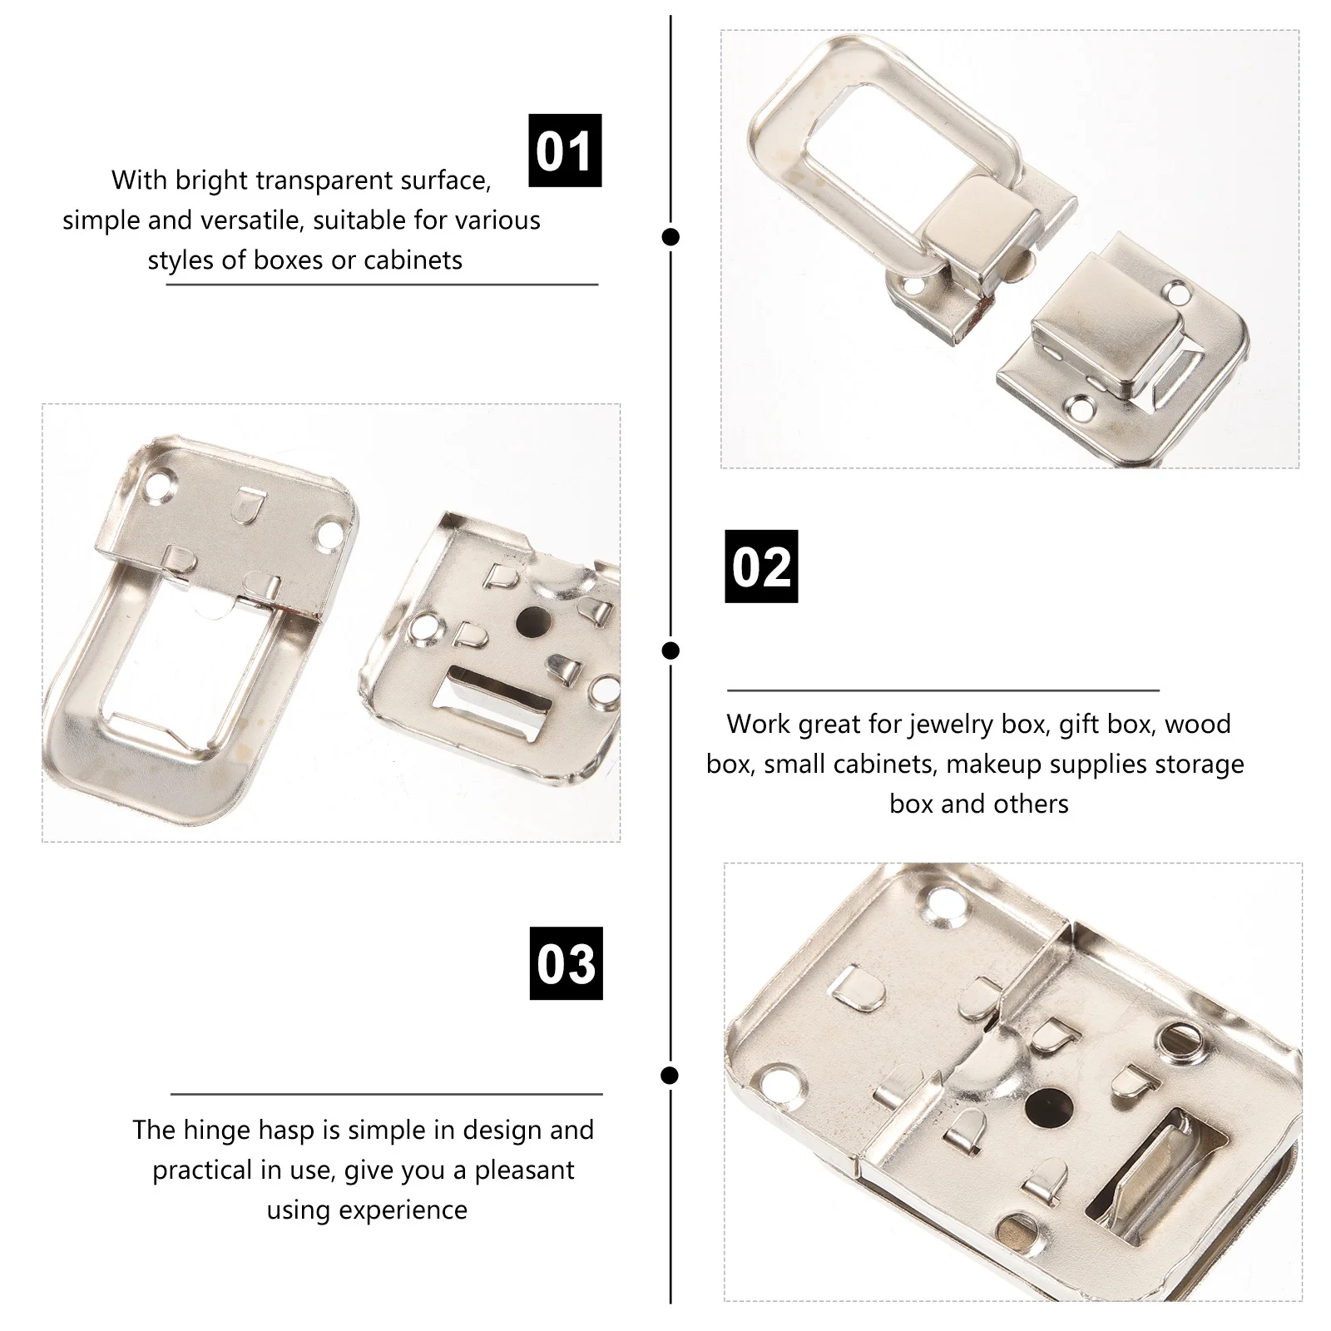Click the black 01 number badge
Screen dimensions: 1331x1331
565,151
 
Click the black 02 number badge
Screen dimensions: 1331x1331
761,567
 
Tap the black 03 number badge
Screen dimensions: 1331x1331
566,963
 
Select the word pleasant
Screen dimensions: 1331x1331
524,1170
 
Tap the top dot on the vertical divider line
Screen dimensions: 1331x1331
670,237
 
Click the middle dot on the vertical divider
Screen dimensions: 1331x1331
670,651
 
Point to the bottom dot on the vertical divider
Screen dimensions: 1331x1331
670,1076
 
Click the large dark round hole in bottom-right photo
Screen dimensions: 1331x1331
1046,1106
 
